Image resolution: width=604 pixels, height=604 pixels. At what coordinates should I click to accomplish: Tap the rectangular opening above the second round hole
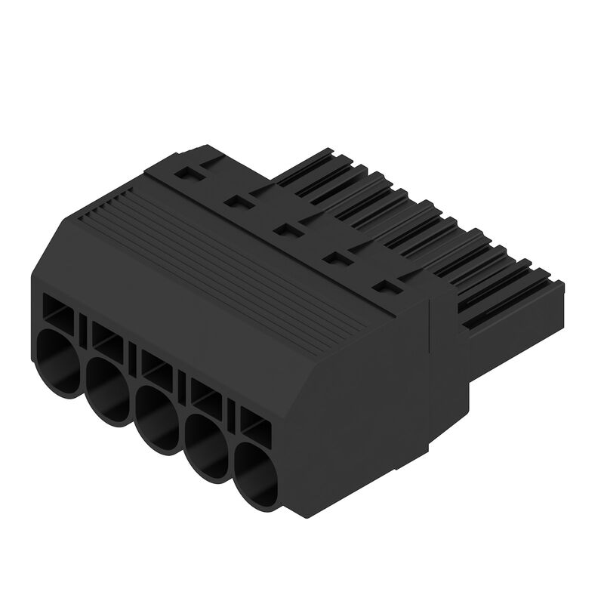pos(108,338)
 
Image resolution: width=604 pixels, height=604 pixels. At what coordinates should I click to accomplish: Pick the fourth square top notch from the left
pos(334,258)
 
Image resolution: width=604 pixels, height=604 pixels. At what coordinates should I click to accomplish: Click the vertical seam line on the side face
pos(429,377)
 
